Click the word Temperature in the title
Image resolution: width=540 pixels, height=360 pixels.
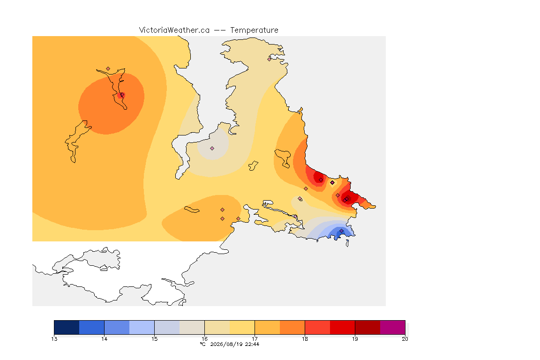[254, 30]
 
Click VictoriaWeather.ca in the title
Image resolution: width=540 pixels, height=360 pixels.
[174, 30]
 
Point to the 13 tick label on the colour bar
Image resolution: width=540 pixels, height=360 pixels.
[54, 339]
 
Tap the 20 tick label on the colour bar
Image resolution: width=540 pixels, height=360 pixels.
[405, 339]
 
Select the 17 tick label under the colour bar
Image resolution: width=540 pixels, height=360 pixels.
[255, 339]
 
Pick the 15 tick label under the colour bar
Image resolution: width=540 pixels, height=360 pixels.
[154, 339]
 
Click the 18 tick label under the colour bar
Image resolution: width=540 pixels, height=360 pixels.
[305, 339]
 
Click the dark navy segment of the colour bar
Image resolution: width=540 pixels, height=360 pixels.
[67, 327]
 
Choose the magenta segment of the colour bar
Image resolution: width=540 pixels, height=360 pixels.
[393, 327]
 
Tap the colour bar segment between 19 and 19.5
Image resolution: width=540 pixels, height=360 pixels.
[367, 327]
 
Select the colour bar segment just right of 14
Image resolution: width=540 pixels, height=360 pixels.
[117, 327]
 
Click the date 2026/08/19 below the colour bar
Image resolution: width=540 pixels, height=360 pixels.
[226, 344]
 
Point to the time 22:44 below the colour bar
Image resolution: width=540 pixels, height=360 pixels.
[252, 344]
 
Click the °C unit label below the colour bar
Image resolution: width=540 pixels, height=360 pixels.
[203, 344]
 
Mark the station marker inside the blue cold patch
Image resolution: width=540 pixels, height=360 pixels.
[341, 231]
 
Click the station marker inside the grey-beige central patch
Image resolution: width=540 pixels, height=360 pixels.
[212, 149]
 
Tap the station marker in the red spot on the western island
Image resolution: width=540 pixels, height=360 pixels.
[122, 95]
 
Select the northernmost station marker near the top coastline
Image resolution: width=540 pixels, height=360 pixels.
[270, 59]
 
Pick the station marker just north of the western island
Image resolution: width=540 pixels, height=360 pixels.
[108, 69]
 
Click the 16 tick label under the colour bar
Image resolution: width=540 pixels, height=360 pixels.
[204, 339]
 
